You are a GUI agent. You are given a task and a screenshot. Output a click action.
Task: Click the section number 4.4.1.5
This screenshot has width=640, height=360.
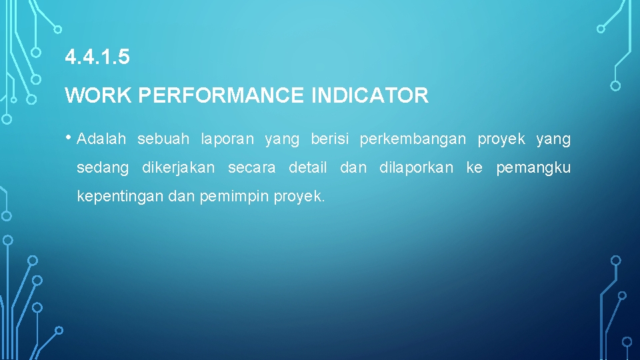coord(97,58)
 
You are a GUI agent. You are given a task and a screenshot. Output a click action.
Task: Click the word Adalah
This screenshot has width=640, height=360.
coord(101,139)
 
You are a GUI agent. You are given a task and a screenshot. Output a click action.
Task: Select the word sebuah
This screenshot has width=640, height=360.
coord(163,139)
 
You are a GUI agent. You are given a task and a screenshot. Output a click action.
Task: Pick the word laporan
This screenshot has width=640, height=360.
coord(227,139)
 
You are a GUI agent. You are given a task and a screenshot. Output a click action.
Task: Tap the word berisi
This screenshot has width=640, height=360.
coord(329,139)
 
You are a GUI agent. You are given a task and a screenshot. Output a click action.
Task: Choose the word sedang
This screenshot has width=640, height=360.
coord(103,168)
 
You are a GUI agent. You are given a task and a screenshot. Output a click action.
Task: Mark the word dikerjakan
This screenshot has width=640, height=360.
coord(178,168)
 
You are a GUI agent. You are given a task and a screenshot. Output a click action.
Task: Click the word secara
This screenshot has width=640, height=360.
coord(251,168)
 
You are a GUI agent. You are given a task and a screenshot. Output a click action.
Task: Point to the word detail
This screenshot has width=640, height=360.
coord(307,168)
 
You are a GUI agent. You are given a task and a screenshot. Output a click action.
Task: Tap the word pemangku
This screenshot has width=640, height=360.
coord(533,168)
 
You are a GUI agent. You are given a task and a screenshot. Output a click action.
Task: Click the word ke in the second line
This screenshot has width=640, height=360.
coord(474,168)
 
